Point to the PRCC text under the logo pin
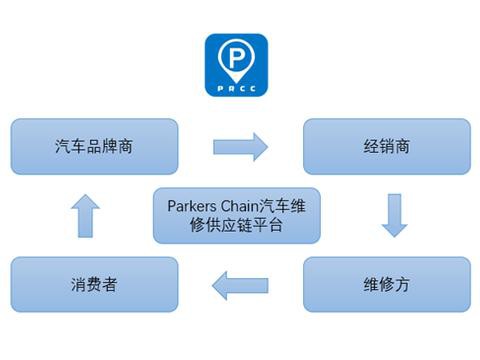tap(236, 88)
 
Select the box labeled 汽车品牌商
tap(94, 146)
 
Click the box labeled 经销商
tap(386, 146)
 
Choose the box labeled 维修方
tap(386, 285)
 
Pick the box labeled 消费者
tap(94, 285)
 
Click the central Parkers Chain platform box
tap(236, 216)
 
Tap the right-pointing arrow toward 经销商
tap(241, 147)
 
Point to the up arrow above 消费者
tap(87, 216)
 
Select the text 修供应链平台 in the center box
tap(236, 227)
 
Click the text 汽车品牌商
tap(94, 146)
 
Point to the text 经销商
tap(386, 146)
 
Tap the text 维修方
tap(386, 285)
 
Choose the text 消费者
tap(94, 285)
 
